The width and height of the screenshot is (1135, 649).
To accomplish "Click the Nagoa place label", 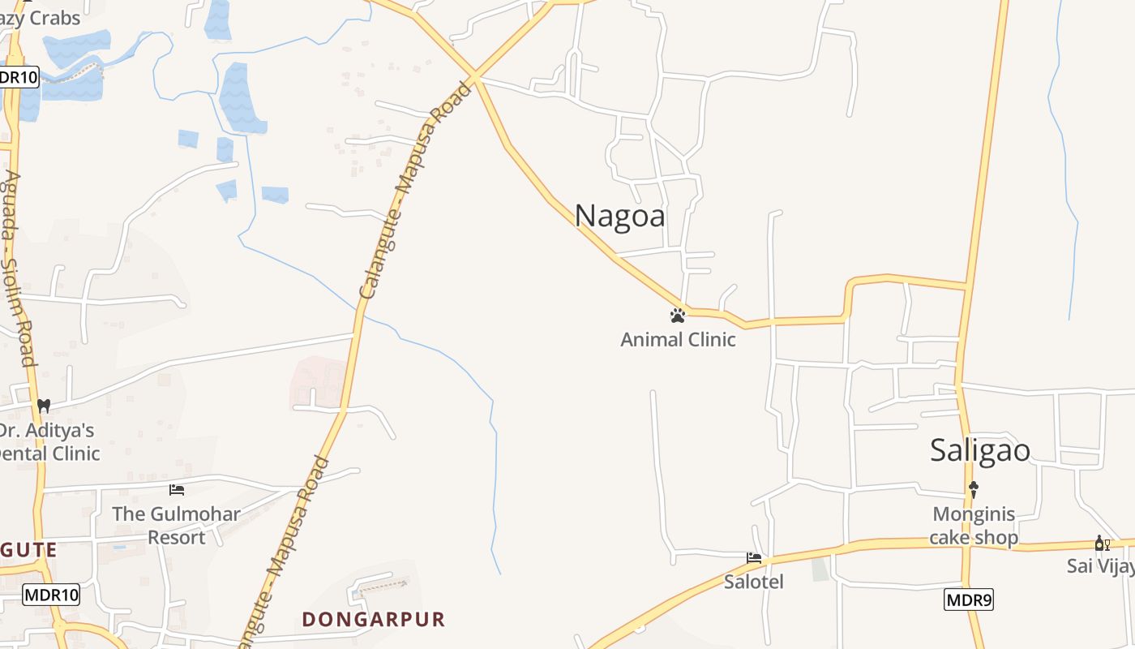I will (620, 216).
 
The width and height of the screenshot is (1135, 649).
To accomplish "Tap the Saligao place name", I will (979, 450).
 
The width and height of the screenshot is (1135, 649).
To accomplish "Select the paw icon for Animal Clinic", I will (678, 315).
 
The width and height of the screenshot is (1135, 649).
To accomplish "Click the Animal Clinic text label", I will (678, 339).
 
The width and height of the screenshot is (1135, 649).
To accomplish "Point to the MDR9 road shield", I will (969, 600).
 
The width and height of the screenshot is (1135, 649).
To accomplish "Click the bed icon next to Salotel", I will (754, 558).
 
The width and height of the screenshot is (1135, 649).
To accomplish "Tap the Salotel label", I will (754, 581).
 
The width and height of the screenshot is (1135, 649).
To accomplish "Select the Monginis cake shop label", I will (974, 525).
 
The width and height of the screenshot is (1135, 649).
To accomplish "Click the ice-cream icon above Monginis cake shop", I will (974, 489).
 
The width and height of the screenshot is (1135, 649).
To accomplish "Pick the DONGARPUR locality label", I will (374, 619).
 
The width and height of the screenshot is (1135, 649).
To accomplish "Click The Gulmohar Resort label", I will (176, 525).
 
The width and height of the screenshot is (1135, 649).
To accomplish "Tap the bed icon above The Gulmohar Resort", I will (176, 489).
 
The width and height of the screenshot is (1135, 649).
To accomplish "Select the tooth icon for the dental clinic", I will (44, 405).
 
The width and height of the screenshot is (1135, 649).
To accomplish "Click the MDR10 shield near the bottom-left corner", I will (51, 595).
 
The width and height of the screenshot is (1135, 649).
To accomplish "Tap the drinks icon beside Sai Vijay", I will (1102, 543).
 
